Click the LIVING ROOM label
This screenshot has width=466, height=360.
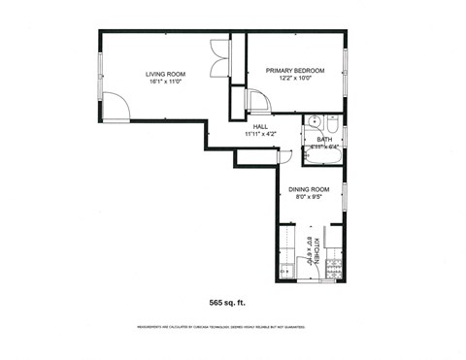pyautogui.click(x=165, y=74)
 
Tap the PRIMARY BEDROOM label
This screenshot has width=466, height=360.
pyautogui.click(x=295, y=71)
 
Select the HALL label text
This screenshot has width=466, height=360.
pyautogui.click(x=260, y=126)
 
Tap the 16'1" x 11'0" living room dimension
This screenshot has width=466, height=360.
pyautogui.click(x=165, y=82)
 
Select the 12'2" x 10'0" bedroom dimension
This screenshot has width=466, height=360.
pyautogui.click(x=295, y=80)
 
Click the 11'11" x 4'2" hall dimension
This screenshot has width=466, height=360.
pyautogui.click(x=260, y=134)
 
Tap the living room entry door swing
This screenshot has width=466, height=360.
pyautogui.click(x=116, y=107)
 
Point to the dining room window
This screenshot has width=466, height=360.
pyautogui.click(x=346, y=194)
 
